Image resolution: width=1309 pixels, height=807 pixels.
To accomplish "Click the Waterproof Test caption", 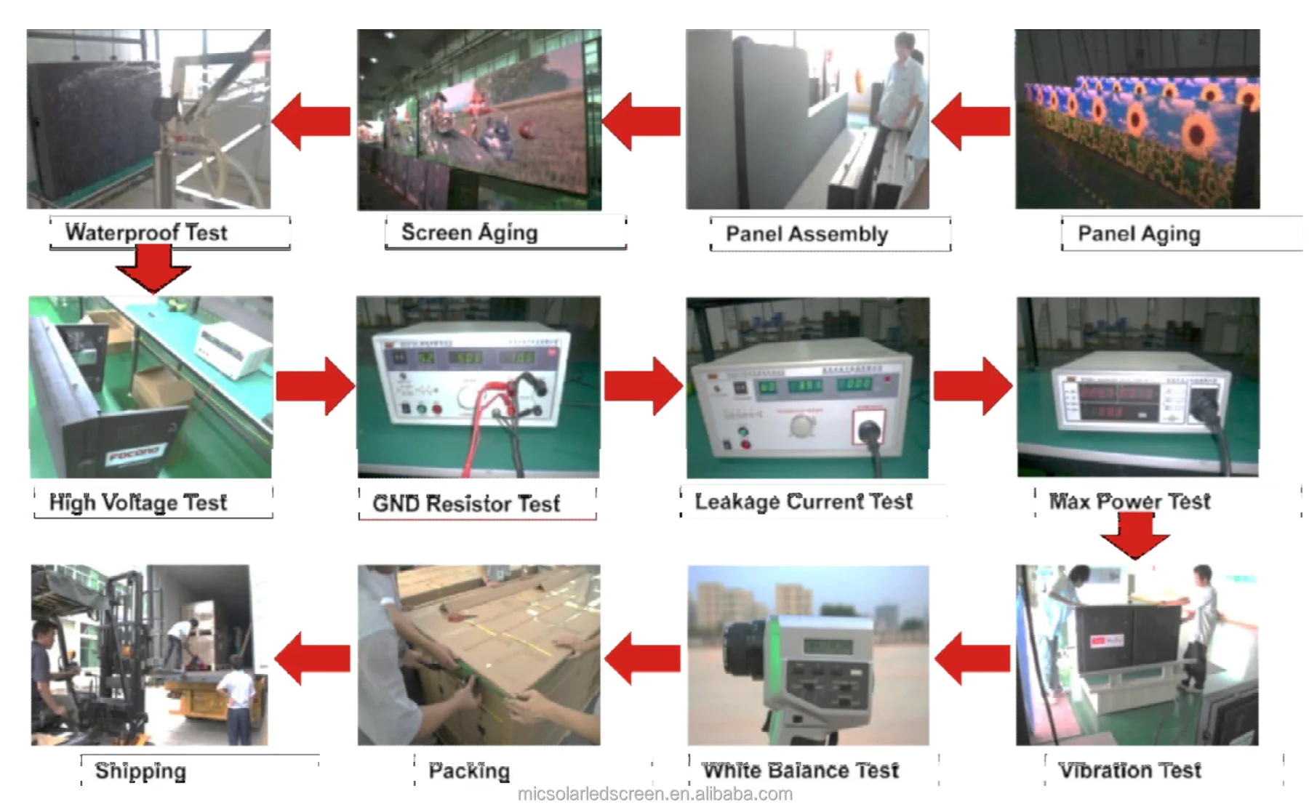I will click(x=146, y=233).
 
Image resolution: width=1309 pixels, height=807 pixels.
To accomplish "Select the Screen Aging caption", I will click(x=470, y=233).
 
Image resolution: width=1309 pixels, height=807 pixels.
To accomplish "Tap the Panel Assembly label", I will click(x=806, y=234).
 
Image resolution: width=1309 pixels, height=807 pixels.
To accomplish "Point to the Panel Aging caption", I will click(x=1139, y=234).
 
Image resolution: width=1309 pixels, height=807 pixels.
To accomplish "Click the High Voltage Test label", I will click(x=138, y=502).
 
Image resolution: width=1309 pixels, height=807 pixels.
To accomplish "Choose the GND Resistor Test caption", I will click(x=466, y=503).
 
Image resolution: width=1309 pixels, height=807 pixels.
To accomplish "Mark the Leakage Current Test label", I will click(x=804, y=502).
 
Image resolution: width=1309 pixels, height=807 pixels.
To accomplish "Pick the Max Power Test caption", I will click(x=1129, y=502).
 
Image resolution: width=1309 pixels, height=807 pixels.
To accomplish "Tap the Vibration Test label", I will click(x=1129, y=770).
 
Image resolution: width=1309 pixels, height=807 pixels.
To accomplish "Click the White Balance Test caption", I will click(x=801, y=770).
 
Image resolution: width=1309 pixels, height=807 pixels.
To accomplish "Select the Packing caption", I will click(x=469, y=771).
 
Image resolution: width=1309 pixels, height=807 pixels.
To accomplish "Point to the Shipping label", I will click(x=140, y=771).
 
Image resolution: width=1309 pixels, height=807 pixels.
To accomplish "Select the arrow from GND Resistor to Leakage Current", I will click(x=643, y=385).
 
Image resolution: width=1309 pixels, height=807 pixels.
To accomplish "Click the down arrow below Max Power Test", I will click(x=1135, y=535).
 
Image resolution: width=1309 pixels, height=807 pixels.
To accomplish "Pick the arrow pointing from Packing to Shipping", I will click(x=313, y=658).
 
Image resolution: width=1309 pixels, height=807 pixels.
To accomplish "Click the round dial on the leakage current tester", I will click(x=803, y=426).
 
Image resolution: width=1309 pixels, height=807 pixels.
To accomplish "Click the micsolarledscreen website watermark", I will click(x=654, y=794).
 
